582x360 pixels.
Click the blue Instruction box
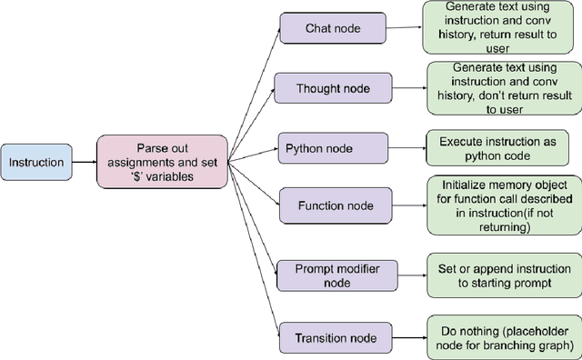coord(36,163)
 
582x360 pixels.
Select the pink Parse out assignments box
coord(162,163)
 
